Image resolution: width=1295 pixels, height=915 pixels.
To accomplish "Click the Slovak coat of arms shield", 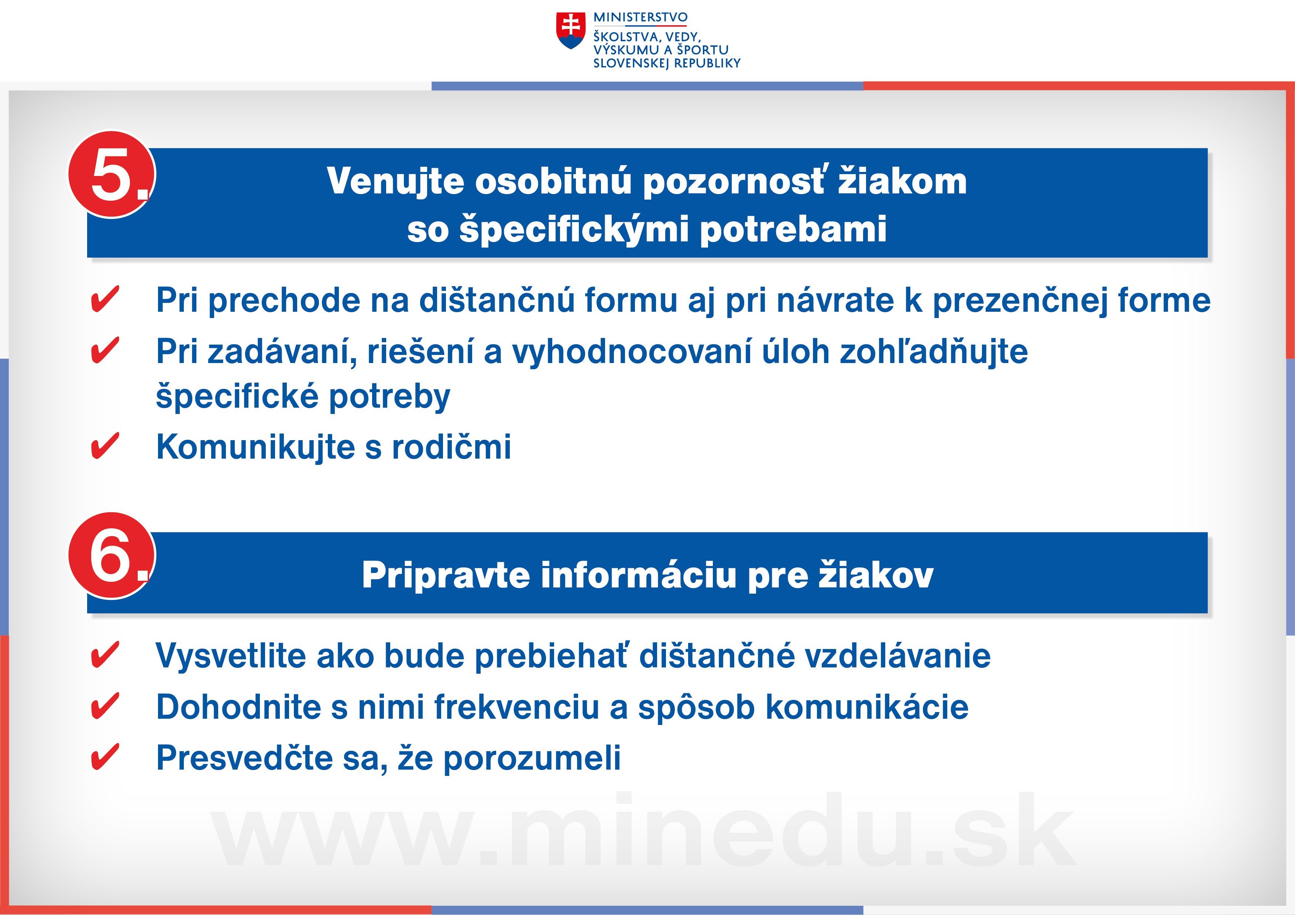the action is (570, 31).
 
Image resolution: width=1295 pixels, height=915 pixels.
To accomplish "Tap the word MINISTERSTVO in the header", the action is (640, 17).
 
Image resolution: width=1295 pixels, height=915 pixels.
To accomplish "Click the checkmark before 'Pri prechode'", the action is (105, 299).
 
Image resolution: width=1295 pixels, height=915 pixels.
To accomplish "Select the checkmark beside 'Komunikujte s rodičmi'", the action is (105, 446).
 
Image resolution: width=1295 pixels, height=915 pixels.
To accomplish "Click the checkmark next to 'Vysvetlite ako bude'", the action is (105, 655).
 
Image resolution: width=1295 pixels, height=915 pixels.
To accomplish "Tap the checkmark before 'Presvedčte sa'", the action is (105, 757).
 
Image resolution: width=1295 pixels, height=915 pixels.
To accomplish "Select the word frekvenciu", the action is (517, 707).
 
